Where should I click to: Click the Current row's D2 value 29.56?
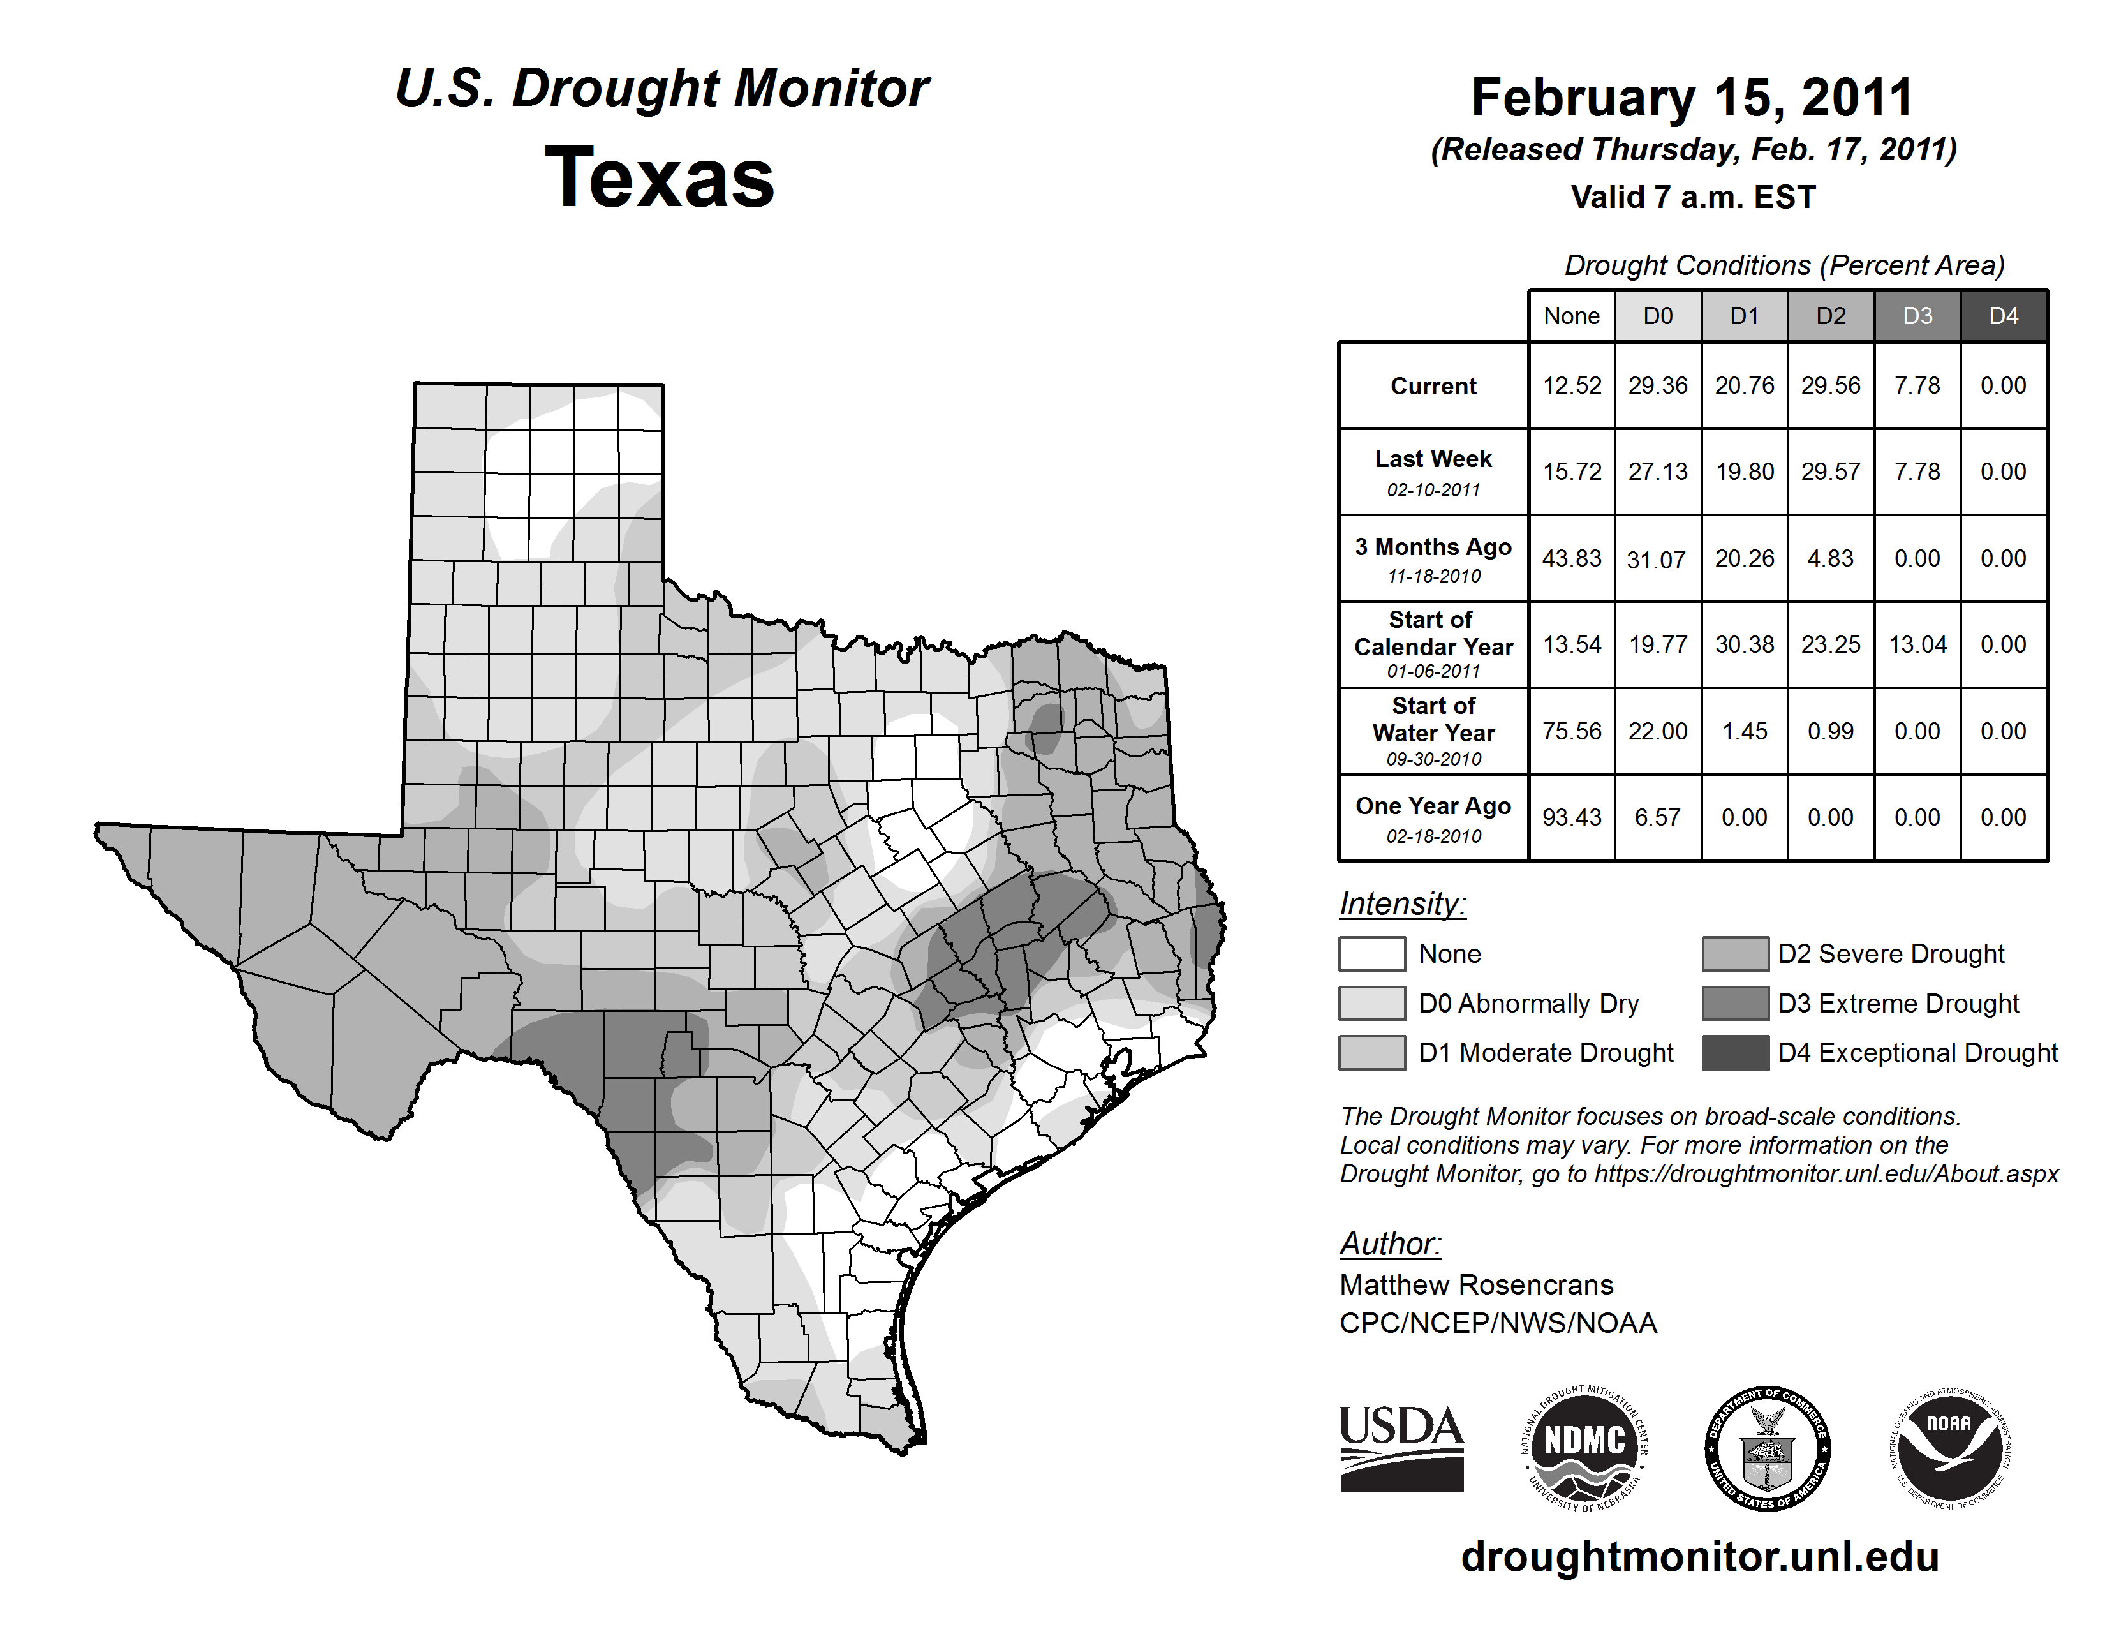(x=1830, y=385)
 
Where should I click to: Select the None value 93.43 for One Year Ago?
(x=1571, y=817)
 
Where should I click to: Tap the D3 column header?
(x=1917, y=316)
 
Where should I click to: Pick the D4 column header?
(x=2003, y=316)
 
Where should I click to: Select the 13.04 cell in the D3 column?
(x=1917, y=645)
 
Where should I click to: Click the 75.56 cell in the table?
(x=1571, y=732)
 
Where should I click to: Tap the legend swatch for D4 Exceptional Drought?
(x=1735, y=1053)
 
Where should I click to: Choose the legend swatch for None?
(x=1371, y=953)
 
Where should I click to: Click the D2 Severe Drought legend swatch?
(x=1735, y=953)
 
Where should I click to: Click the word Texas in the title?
(x=660, y=178)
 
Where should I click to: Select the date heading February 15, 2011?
(x=1692, y=98)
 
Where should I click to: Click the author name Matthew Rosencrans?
(x=1475, y=1285)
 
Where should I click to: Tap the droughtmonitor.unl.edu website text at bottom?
(x=1699, y=1557)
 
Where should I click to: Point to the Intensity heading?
(x=1402, y=904)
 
